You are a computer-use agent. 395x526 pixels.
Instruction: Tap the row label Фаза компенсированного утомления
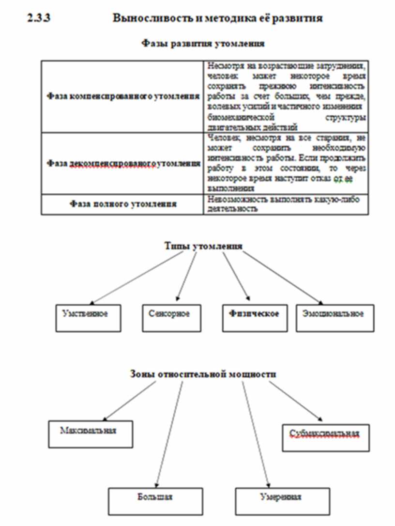click(123, 96)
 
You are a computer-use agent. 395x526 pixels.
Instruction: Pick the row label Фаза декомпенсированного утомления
click(123, 164)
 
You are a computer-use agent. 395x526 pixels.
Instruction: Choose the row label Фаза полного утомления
click(123, 204)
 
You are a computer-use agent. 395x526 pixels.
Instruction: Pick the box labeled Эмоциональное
click(334, 318)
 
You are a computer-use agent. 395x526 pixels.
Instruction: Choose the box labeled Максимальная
click(89, 433)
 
